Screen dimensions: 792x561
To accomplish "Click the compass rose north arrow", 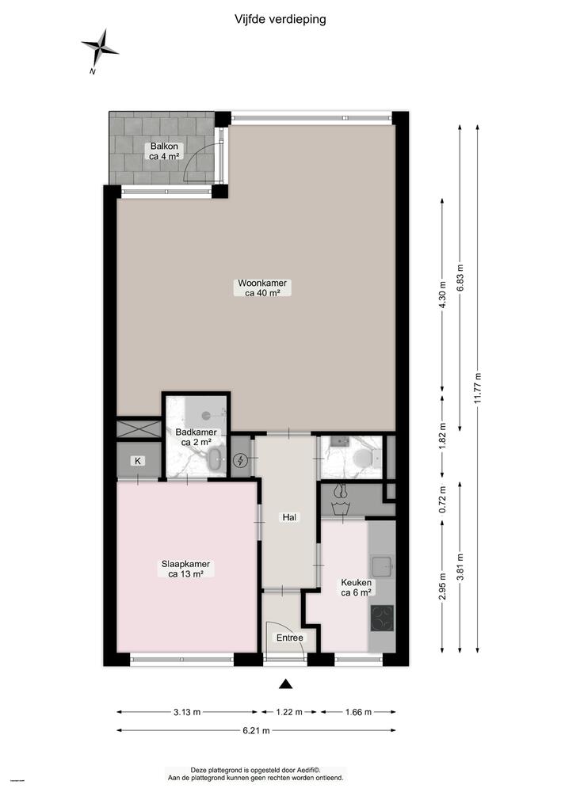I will (99, 50).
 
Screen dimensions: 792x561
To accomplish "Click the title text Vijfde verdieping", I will (280, 18).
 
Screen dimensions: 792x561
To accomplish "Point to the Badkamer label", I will (193, 437).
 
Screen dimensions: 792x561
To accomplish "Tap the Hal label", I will (289, 517).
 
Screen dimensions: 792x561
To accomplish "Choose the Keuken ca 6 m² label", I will (357, 586).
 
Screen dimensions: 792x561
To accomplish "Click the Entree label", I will (289, 638).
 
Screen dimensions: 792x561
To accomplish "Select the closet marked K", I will (138, 461).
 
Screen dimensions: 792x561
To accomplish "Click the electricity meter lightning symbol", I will (242, 461).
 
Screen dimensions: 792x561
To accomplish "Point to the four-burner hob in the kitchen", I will (382, 617).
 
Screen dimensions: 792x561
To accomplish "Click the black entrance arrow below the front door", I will (286, 684).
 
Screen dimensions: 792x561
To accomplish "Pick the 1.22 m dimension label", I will (289, 712).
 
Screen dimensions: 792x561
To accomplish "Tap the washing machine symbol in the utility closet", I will (342, 500).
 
